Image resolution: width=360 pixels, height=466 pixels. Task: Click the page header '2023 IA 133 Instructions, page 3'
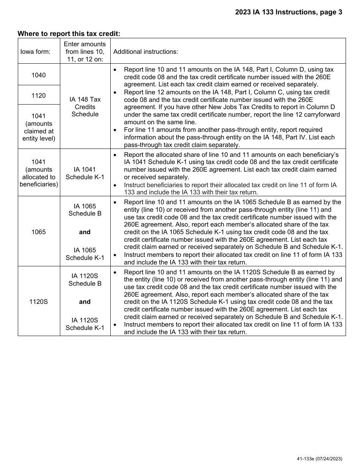tap(288, 12)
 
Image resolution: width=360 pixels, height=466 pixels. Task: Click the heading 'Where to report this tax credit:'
tap(69, 34)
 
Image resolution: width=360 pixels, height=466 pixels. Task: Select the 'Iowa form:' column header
tap(35, 52)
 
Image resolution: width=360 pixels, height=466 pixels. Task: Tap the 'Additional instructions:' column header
tap(146, 52)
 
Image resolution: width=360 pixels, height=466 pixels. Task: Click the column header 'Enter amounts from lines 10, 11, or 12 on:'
tap(85, 52)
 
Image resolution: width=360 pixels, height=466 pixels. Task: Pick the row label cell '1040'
tap(39, 75)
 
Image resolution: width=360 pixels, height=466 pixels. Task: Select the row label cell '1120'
tap(39, 95)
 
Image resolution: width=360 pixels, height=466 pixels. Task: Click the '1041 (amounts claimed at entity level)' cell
tap(39, 127)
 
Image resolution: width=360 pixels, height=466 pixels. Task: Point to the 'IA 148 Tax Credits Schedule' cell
tap(85, 107)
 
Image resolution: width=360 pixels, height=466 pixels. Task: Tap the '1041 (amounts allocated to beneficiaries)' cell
tap(39, 173)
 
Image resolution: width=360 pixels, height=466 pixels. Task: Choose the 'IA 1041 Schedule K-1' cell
tap(85, 173)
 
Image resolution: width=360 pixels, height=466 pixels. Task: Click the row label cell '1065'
tap(39, 232)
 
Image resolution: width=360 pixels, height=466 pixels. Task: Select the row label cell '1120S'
tap(39, 302)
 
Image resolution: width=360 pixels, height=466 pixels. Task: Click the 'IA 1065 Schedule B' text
tap(85, 210)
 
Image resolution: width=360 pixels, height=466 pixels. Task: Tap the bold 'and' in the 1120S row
tap(85, 302)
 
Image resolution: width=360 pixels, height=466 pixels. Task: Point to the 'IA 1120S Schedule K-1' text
tap(85, 324)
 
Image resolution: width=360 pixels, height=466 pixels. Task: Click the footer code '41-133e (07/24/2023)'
tap(320, 458)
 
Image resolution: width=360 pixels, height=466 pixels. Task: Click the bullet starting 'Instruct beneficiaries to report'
tap(230, 188)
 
